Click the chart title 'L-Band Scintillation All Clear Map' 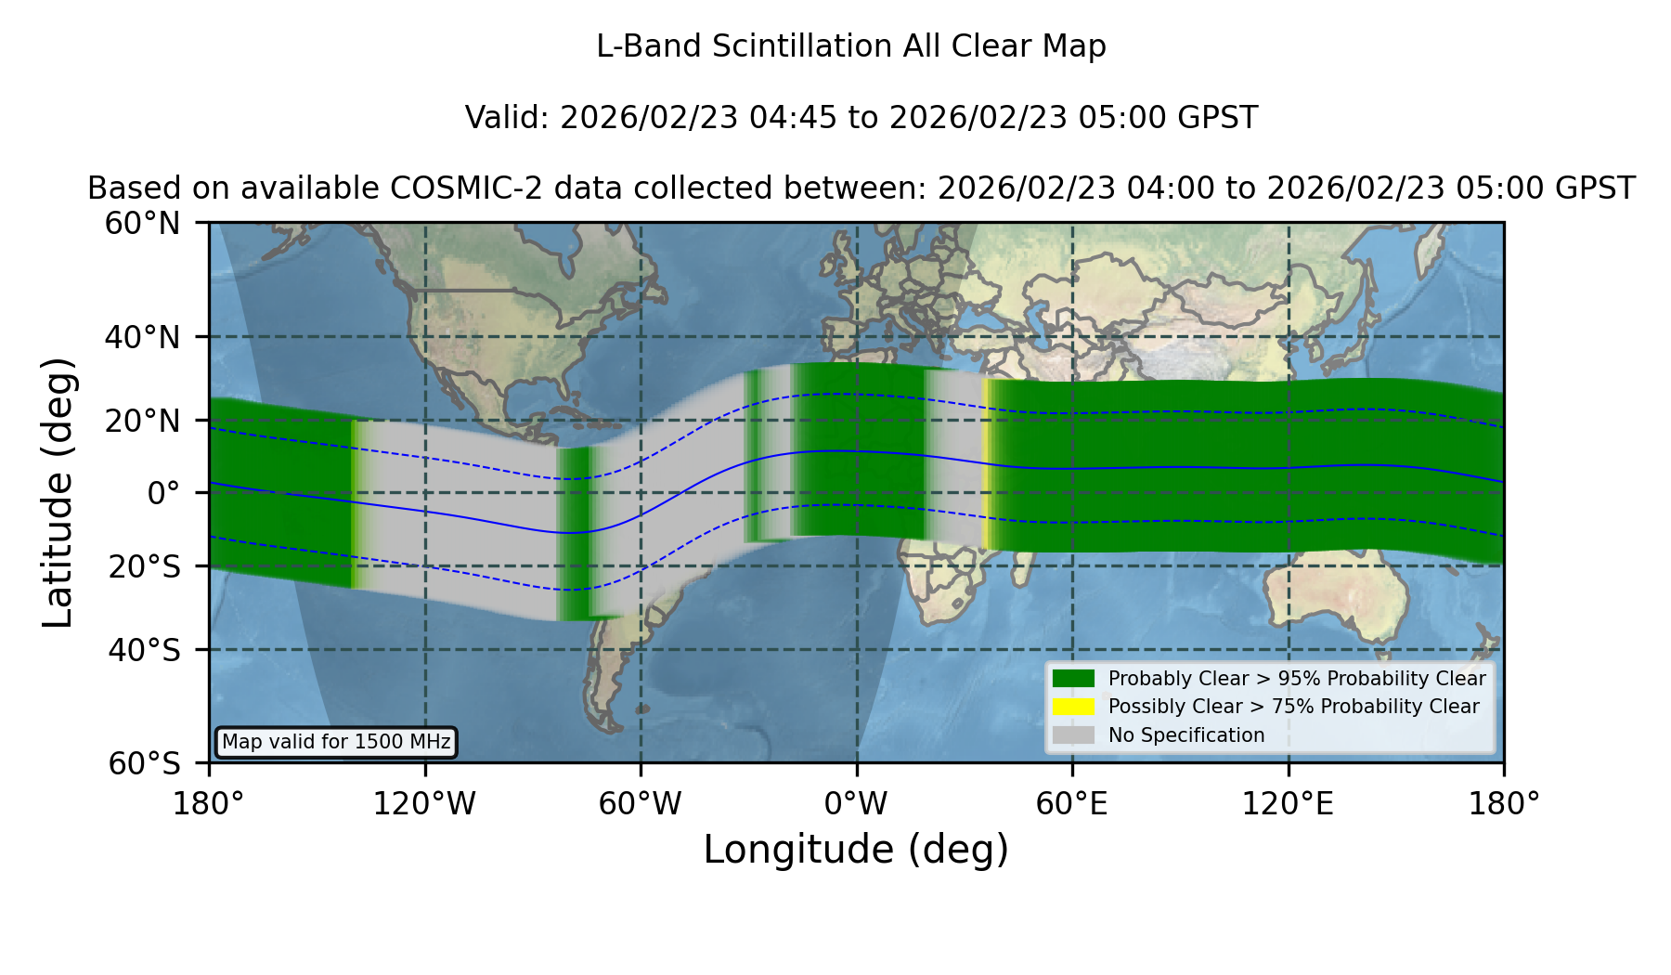(850, 46)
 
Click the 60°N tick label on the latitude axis (142, 224)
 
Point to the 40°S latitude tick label (144, 650)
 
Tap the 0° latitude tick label (163, 493)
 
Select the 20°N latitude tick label (142, 422)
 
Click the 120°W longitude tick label (424, 803)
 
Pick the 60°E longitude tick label (1072, 803)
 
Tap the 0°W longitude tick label (856, 803)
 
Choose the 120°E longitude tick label (1288, 803)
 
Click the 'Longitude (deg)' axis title (856, 850)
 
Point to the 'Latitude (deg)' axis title (58, 492)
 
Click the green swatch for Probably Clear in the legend (1073, 678)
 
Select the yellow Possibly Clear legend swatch (1073, 706)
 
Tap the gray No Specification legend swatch (1073, 734)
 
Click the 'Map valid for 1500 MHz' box (336, 742)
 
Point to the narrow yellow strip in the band (986, 464)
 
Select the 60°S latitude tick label (144, 763)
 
